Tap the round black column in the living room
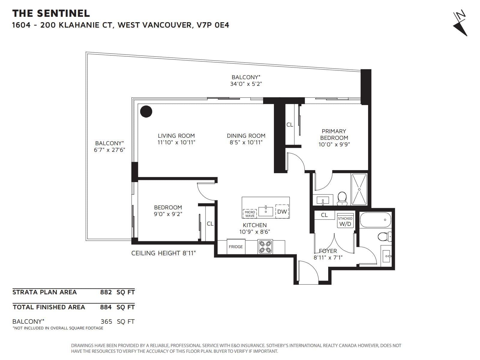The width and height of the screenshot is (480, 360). (146, 112)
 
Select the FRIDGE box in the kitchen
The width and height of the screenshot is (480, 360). (236, 247)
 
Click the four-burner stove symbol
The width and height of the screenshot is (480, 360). (265, 247)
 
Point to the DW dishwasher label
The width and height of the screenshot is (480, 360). (282, 211)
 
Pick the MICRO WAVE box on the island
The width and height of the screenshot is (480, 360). (250, 214)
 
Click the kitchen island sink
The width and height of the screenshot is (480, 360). (266, 211)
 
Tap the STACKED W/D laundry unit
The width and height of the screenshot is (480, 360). (345, 221)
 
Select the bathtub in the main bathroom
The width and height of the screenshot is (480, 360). (376, 220)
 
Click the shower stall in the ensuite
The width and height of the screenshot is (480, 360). (359, 189)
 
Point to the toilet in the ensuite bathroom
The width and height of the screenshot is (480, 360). (342, 199)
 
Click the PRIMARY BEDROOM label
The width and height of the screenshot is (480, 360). (334, 134)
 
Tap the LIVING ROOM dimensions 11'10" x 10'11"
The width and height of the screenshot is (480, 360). (176, 142)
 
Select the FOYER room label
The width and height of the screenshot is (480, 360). (328, 251)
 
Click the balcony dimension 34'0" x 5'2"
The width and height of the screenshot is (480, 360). (246, 84)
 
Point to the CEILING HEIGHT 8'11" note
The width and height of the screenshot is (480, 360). (163, 253)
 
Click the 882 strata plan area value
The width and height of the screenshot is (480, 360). (106, 292)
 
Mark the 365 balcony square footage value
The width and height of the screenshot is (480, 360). (106, 322)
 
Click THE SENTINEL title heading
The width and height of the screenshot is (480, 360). (51, 13)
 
